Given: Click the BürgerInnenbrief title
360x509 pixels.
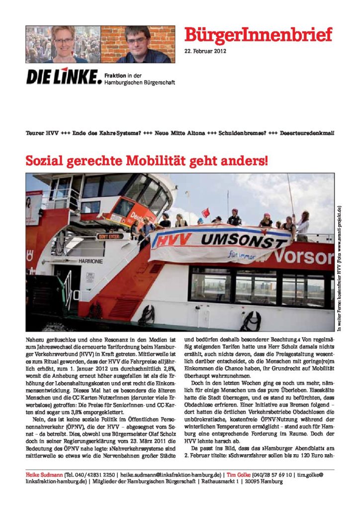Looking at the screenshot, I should (258, 35).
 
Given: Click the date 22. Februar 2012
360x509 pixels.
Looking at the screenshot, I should (205, 52).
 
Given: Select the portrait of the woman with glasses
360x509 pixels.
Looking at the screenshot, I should (63, 44).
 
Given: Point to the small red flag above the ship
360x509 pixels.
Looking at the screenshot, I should (205, 213).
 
